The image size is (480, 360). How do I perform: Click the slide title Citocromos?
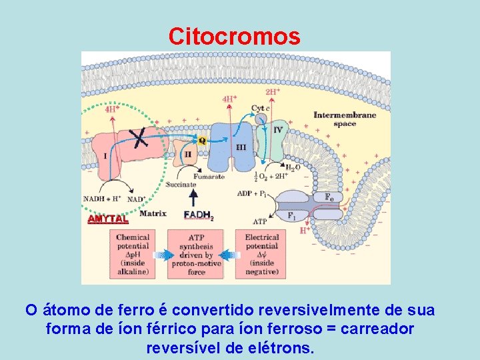[234, 36]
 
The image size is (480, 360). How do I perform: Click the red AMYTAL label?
[108, 219]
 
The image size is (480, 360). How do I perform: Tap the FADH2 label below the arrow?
[198, 215]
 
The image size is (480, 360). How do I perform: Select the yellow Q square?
[202, 141]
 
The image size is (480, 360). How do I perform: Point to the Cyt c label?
[260, 108]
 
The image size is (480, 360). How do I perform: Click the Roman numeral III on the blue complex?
[241, 147]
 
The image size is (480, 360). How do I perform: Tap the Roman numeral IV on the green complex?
[278, 130]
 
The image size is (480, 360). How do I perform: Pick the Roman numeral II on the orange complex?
[187, 153]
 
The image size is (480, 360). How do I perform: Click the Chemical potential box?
[133, 253]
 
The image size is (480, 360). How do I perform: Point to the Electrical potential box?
[261, 253]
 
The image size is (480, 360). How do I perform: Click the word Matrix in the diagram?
[153, 214]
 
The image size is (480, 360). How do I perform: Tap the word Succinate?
[181, 185]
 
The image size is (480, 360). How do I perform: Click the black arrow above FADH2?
[194, 197]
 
